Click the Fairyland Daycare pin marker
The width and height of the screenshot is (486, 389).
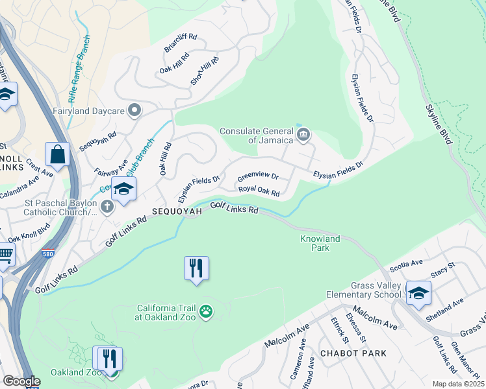pyautogui.click(x=134, y=110)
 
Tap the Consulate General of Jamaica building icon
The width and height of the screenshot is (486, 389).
pyautogui.click(x=303, y=135)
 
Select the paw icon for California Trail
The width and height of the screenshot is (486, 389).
pyautogui.click(x=206, y=312)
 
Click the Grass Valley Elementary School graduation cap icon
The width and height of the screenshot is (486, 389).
pyautogui.click(x=418, y=292)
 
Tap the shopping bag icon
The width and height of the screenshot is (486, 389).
pyautogui.click(x=57, y=155)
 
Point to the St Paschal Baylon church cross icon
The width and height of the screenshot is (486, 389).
pyautogui.click(x=107, y=207)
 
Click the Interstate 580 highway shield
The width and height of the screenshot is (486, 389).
pyautogui.click(x=47, y=253)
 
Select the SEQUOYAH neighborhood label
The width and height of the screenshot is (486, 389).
pyautogui.click(x=174, y=212)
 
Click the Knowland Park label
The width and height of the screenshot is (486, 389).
pyautogui.click(x=320, y=243)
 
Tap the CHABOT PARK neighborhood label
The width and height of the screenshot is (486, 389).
pyautogui.click(x=353, y=353)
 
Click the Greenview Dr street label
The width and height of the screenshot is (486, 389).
pyautogui.click(x=258, y=176)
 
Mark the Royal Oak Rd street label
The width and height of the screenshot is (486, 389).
pyautogui.click(x=259, y=191)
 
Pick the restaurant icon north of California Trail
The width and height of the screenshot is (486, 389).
pyautogui.click(x=196, y=268)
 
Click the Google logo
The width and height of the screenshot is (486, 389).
pyautogui.click(x=21, y=381)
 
